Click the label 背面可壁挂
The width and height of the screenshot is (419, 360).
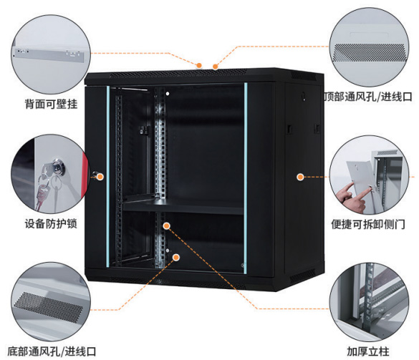point(51,104)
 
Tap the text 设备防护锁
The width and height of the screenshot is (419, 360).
point(51,224)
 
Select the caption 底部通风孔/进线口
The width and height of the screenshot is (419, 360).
point(52,351)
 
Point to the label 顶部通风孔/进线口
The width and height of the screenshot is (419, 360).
point(368,97)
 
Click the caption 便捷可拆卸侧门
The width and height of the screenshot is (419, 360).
point(368,224)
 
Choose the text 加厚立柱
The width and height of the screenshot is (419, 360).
point(368,351)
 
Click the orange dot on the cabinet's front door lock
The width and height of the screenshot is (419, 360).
point(100,177)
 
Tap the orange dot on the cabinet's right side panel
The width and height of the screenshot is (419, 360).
point(300,177)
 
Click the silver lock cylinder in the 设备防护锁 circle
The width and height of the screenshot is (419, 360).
point(58,166)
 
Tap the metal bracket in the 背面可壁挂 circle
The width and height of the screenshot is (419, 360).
point(49,55)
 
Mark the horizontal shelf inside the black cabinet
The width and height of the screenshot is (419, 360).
point(183,208)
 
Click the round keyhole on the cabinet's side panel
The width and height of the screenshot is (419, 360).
point(303,96)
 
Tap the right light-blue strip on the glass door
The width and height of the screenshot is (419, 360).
point(245,178)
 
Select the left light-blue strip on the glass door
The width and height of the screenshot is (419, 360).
point(108,177)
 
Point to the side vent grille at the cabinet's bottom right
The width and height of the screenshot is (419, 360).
point(302,276)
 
